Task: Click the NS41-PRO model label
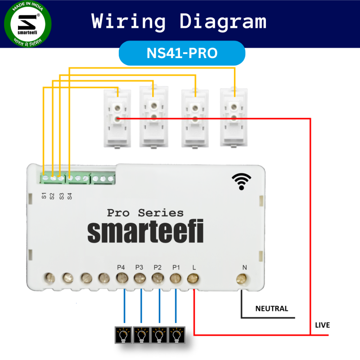click(182, 53)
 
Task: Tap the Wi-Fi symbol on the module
click(242, 182)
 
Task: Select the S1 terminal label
click(44, 196)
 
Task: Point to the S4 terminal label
click(69, 196)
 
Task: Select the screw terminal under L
click(193, 279)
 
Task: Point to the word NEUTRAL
click(271, 309)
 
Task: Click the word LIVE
click(323, 325)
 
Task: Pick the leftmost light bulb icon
click(123, 334)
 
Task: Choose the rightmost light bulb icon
click(175, 334)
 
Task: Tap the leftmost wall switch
click(117, 117)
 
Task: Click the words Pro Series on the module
click(145, 213)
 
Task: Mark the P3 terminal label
click(139, 267)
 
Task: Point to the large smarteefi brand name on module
click(145, 232)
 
